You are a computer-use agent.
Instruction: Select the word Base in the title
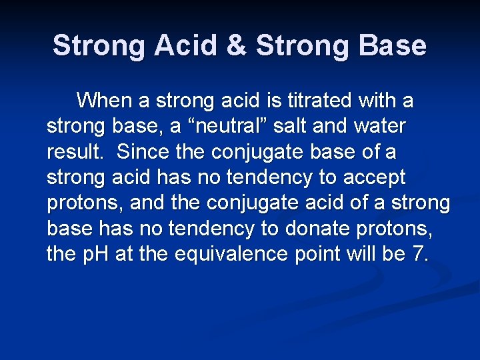click(395, 46)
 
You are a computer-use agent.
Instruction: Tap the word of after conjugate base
click(367, 152)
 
